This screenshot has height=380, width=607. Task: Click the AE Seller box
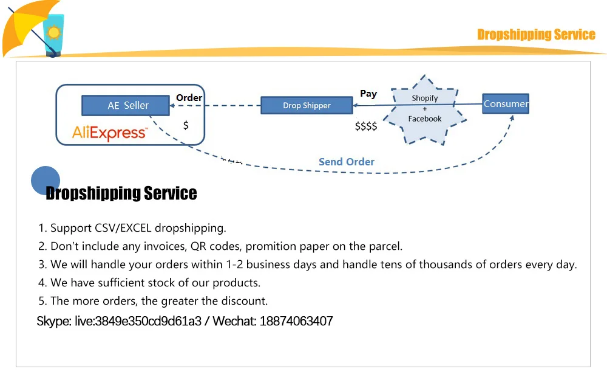tap(127, 105)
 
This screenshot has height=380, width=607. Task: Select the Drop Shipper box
tap(307, 105)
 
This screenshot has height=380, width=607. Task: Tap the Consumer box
tap(506, 104)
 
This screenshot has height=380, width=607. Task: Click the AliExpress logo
tap(109, 133)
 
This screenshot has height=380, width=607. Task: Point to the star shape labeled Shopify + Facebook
tap(425, 109)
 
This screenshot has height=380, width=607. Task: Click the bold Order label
tap(189, 97)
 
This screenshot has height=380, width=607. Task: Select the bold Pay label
tap(368, 94)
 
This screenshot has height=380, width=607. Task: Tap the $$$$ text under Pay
tap(366, 126)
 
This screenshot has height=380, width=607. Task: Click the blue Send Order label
tap(347, 162)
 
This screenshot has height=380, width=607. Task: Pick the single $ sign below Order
tap(186, 125)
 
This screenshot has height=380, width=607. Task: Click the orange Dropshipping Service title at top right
tap(536, 35)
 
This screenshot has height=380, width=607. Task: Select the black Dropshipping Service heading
tap(121, 193)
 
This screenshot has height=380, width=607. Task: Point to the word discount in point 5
tap(245, 301)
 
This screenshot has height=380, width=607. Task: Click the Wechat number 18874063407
tap(296, 321)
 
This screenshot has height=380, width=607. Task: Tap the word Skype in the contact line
tap(53, 321)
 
